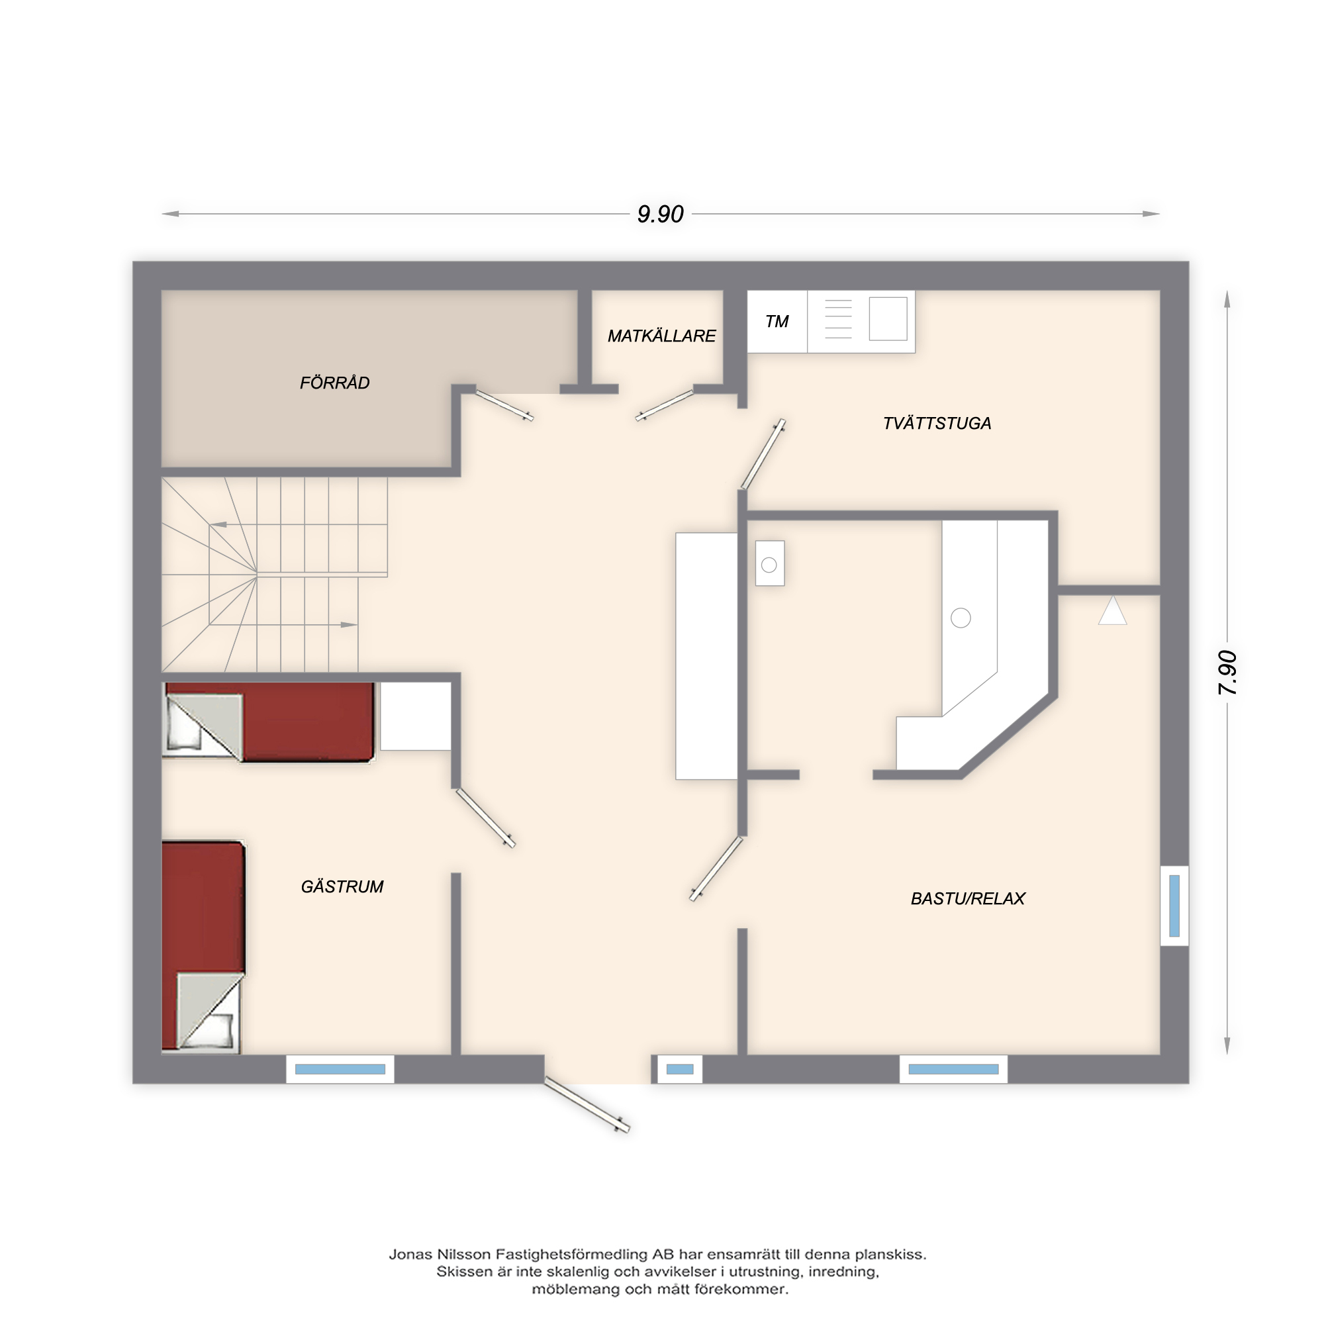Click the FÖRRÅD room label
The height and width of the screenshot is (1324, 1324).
tap(334, 383)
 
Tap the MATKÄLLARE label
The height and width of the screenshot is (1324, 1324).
tap(661, 336)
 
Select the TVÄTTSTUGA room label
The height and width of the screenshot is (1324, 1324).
tap(937, 423)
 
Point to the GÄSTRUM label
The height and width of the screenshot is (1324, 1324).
tap(342, 887)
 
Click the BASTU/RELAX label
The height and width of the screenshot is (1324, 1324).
tap(968, 898)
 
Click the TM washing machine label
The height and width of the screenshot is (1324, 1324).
tap(777, 322)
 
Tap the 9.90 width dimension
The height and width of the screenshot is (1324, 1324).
tap(660, 214)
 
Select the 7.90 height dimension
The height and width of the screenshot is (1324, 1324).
tap(1227, 673)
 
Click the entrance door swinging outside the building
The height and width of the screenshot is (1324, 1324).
tap(587, 1105)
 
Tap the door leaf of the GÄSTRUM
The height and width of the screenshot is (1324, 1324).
tap(485, 818)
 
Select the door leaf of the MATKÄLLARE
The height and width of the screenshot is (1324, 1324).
tap(665, 405)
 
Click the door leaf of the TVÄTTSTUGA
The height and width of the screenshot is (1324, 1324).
tap(763, 454)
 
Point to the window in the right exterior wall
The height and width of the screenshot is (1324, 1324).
tap(1174, 906)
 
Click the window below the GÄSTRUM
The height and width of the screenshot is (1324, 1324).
tap(340, 1069)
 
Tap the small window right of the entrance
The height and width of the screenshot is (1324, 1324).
tap(680, 1069)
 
